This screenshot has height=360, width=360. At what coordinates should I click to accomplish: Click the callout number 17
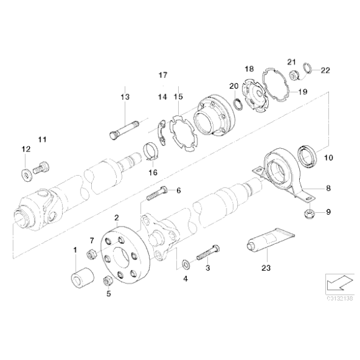[x=163, y=74]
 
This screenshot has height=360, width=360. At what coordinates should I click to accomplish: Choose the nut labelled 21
[x=295, y=75]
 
